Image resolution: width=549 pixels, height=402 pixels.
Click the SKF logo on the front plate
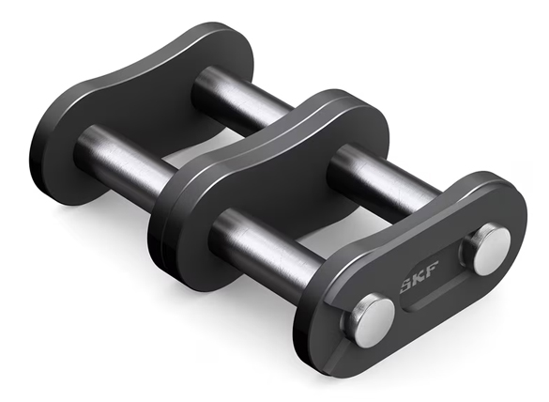pyautogui.click(x=419, y=276)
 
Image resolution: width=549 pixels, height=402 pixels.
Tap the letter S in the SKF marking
pyautogui.click(x=407, y=285)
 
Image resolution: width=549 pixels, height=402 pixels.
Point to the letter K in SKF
pyautogui.click(x=419, y=276)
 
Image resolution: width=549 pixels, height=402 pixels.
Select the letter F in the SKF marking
pyautogui.click(x=432, y=269)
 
